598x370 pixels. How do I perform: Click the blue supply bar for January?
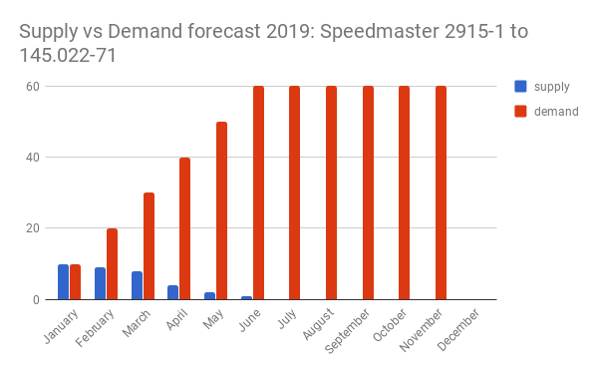tap(63, 282)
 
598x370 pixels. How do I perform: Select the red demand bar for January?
tap(76, 282)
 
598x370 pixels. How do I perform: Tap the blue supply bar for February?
tap(100, 283)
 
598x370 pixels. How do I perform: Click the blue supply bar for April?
tap(172, 292)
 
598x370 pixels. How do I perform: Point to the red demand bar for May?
tap(221, 210)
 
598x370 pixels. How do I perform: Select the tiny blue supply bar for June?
tap(245, 297)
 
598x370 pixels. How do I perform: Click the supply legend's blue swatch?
tap(520, 86)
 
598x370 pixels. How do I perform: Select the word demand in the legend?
tap(555, 111)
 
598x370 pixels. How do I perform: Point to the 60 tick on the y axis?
tap(33, 86)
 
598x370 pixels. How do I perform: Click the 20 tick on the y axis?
tap(33, 228)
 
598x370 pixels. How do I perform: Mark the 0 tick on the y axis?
tap(37, 299)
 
